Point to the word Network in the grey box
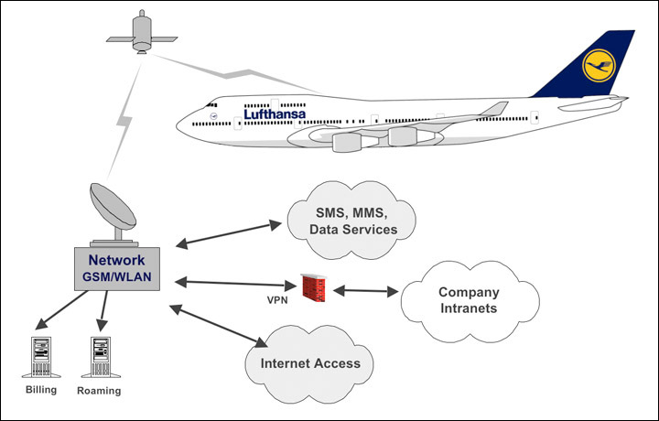[122, 261]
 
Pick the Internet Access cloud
[310, 362]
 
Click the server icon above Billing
[39, 357]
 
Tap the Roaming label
[99, 391]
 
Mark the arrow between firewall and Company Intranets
[365, 291]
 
